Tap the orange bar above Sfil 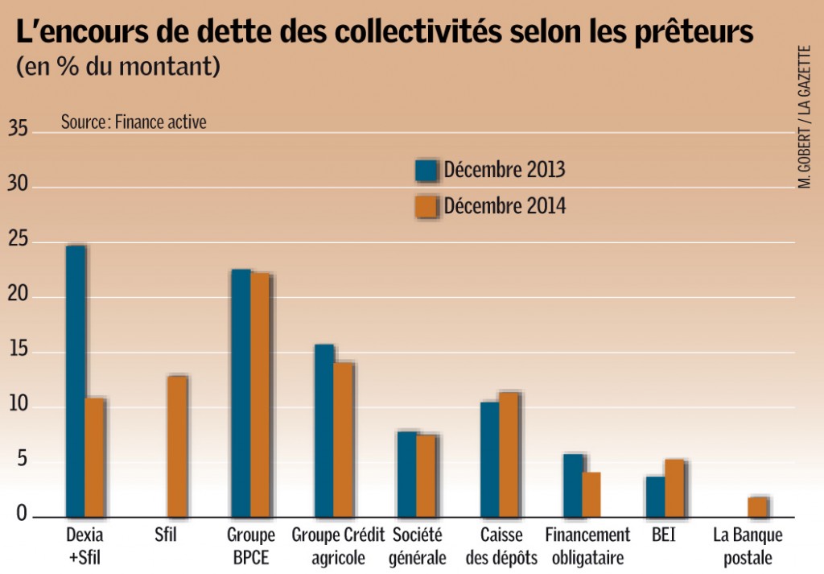coord(178,447)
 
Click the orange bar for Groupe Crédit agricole coord(344,440)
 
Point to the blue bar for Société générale coord(406,474)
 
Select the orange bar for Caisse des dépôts coord(509,454)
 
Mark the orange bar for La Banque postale coord(757,507)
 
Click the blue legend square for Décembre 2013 coord(426,171)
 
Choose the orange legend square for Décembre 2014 coord(426,207)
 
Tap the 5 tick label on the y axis coord(22,460)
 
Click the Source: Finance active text coord(134,122)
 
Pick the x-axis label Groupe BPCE coord(250,546)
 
